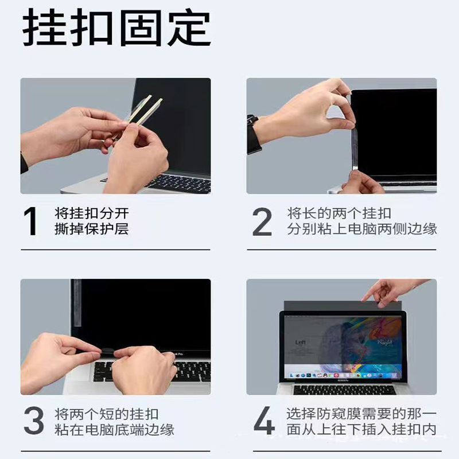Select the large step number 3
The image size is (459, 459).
tap(34, 422)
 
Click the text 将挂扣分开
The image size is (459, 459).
tap(92, 213)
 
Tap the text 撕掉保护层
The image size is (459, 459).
tap(92, 229)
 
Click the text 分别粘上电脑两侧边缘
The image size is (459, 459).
tap(362, 229)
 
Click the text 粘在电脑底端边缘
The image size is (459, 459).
tap(115, 430)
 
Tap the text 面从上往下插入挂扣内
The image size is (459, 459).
tap(361, 430)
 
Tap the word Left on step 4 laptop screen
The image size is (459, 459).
tap(301, 343)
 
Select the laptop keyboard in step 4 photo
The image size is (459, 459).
tap(344, 390)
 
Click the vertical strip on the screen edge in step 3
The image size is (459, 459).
tap(76, 310)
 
